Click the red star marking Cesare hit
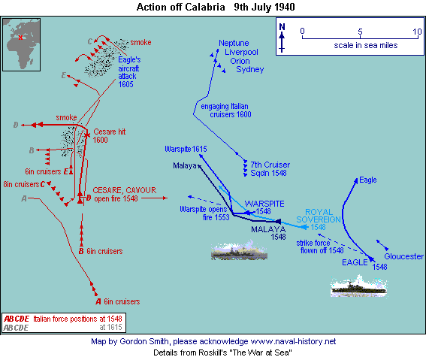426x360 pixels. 87,135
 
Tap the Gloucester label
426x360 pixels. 403,256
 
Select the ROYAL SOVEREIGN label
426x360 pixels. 319,216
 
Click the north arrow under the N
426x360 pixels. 282,42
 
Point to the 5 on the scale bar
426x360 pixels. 360,32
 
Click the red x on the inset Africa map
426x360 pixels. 20,38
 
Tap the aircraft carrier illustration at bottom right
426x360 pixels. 358,286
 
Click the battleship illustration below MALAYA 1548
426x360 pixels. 239,250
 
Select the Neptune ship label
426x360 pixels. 234,43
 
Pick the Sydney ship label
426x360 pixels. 250,70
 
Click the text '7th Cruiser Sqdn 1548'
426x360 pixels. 270,168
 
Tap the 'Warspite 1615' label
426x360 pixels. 186,149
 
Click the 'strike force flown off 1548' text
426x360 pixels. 320,247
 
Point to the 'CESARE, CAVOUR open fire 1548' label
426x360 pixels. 125,194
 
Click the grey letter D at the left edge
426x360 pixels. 16,125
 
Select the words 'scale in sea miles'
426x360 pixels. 366,45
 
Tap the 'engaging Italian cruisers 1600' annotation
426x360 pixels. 225,110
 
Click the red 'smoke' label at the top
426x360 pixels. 140,42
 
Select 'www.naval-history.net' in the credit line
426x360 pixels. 293,341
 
